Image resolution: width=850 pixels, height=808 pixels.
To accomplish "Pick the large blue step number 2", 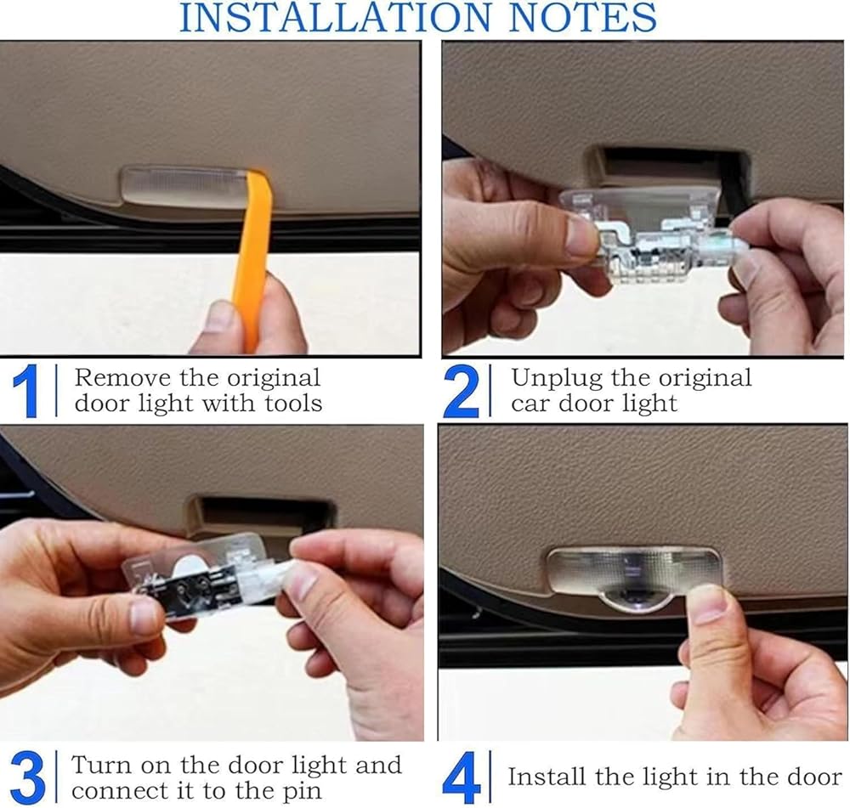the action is point(462,392).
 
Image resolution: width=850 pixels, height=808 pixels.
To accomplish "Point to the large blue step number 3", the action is point(27,777).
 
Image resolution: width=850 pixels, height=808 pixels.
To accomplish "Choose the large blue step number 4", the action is point(462,777).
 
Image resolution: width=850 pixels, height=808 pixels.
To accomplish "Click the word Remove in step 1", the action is point(122,378).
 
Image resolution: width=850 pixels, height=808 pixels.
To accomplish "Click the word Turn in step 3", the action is point(100,766).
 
